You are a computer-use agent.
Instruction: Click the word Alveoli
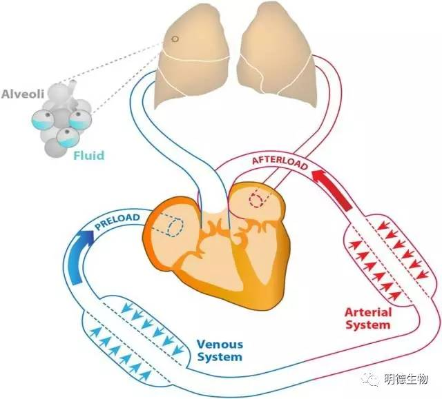[23, 93]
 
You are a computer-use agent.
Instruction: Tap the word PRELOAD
[119, 224]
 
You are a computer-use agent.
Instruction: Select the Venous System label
[220, 350]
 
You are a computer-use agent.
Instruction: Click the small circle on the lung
[175, 39]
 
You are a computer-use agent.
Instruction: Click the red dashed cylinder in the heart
[258, 198]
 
